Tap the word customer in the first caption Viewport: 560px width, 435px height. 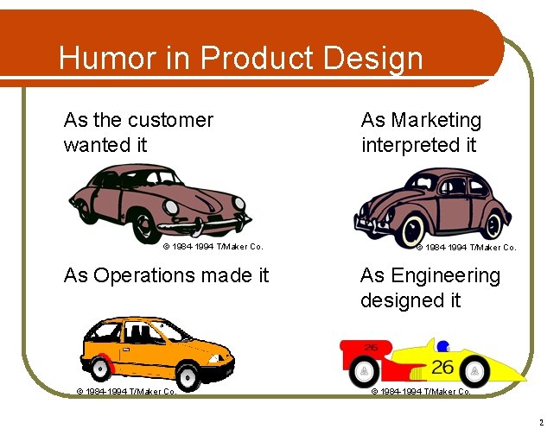[169, 120]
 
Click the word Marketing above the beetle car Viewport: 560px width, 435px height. [421, 120]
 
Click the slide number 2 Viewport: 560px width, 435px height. [541, 423]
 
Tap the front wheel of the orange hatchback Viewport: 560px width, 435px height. [187, 374]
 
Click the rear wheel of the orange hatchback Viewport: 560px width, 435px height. [101, 369]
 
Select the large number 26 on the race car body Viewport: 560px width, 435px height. [442, 367]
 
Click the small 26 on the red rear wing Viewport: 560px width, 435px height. [371, 347]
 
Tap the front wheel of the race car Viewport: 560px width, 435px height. [474, 371]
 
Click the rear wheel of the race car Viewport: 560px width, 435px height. [366, 372]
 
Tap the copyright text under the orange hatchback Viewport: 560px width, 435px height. [126, 391]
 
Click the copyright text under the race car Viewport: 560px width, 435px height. [421, 391]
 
